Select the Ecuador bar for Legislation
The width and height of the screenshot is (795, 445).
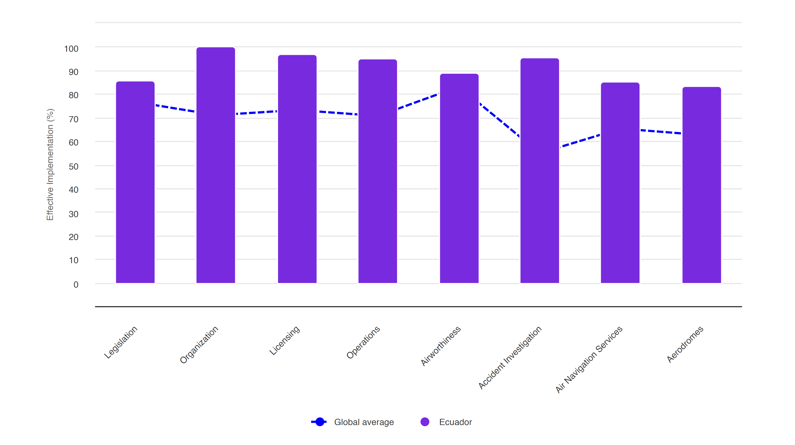point(135,182)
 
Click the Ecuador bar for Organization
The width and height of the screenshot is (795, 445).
point(216,165)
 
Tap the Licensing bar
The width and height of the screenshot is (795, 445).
point(297,169)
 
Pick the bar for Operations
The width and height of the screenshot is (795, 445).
point(377,171)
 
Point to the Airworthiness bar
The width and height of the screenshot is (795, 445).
point(459,178)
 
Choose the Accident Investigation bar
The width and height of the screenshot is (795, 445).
point(540,171)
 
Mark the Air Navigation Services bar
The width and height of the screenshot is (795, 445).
point(620,183)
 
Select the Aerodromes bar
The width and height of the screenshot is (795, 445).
point(702,185)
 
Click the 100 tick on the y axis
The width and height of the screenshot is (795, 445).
point(71,49)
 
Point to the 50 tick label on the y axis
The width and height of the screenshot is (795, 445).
point(73,167)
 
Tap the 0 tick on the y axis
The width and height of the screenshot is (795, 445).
point(76,284)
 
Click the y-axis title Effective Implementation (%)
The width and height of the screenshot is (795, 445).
point(50,164)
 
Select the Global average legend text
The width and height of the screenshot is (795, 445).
point(364,422)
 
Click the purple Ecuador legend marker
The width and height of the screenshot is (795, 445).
point(425,422)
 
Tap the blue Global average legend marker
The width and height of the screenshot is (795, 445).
point(320,422)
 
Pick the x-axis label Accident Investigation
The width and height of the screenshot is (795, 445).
point(510,357)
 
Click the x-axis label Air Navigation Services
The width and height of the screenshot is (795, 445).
point(589,359)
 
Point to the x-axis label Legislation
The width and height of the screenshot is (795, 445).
point(121,342)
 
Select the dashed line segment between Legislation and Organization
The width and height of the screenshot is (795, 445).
point(175,108)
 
